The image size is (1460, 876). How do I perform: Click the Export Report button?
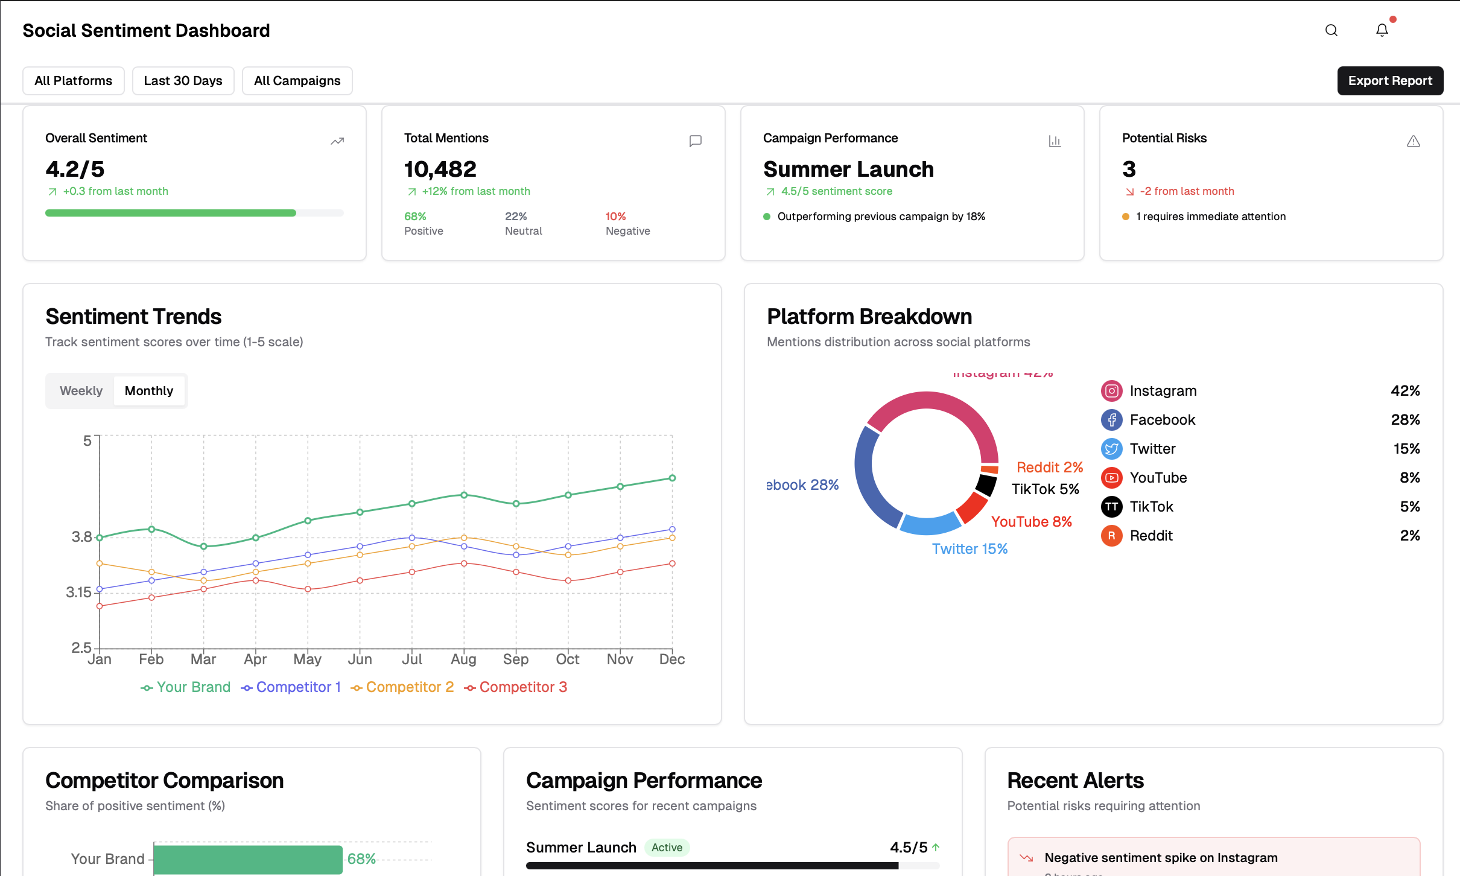[1389, 81]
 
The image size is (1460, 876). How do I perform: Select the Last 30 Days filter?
[183, 81]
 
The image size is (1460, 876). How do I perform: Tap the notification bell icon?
[1382, 30]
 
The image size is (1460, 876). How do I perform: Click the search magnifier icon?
[1331, 30]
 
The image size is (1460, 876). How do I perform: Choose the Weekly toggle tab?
[81, 391]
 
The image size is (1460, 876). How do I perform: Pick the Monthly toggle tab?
[148, 391]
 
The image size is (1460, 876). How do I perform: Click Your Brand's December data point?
[672, 478]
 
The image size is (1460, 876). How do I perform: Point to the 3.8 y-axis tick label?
[81, 536]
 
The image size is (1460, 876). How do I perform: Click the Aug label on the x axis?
[463, 659]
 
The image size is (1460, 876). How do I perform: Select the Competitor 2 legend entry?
[403, 687]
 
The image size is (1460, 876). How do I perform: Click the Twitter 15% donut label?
[970, 548]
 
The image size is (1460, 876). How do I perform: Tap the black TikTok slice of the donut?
[986, 484]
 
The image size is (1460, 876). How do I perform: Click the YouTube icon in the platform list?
[1111, 478]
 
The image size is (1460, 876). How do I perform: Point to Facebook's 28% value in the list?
[1404, 420]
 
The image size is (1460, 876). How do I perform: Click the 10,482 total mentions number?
[440, 170]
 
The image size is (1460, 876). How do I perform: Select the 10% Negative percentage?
[615, 217]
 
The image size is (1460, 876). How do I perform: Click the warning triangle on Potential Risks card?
[1413, 141]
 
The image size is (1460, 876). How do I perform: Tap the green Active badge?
[667, 848]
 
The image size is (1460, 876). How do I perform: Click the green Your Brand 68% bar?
[248, 859]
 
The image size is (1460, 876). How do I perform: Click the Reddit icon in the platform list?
[1111, 536]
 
